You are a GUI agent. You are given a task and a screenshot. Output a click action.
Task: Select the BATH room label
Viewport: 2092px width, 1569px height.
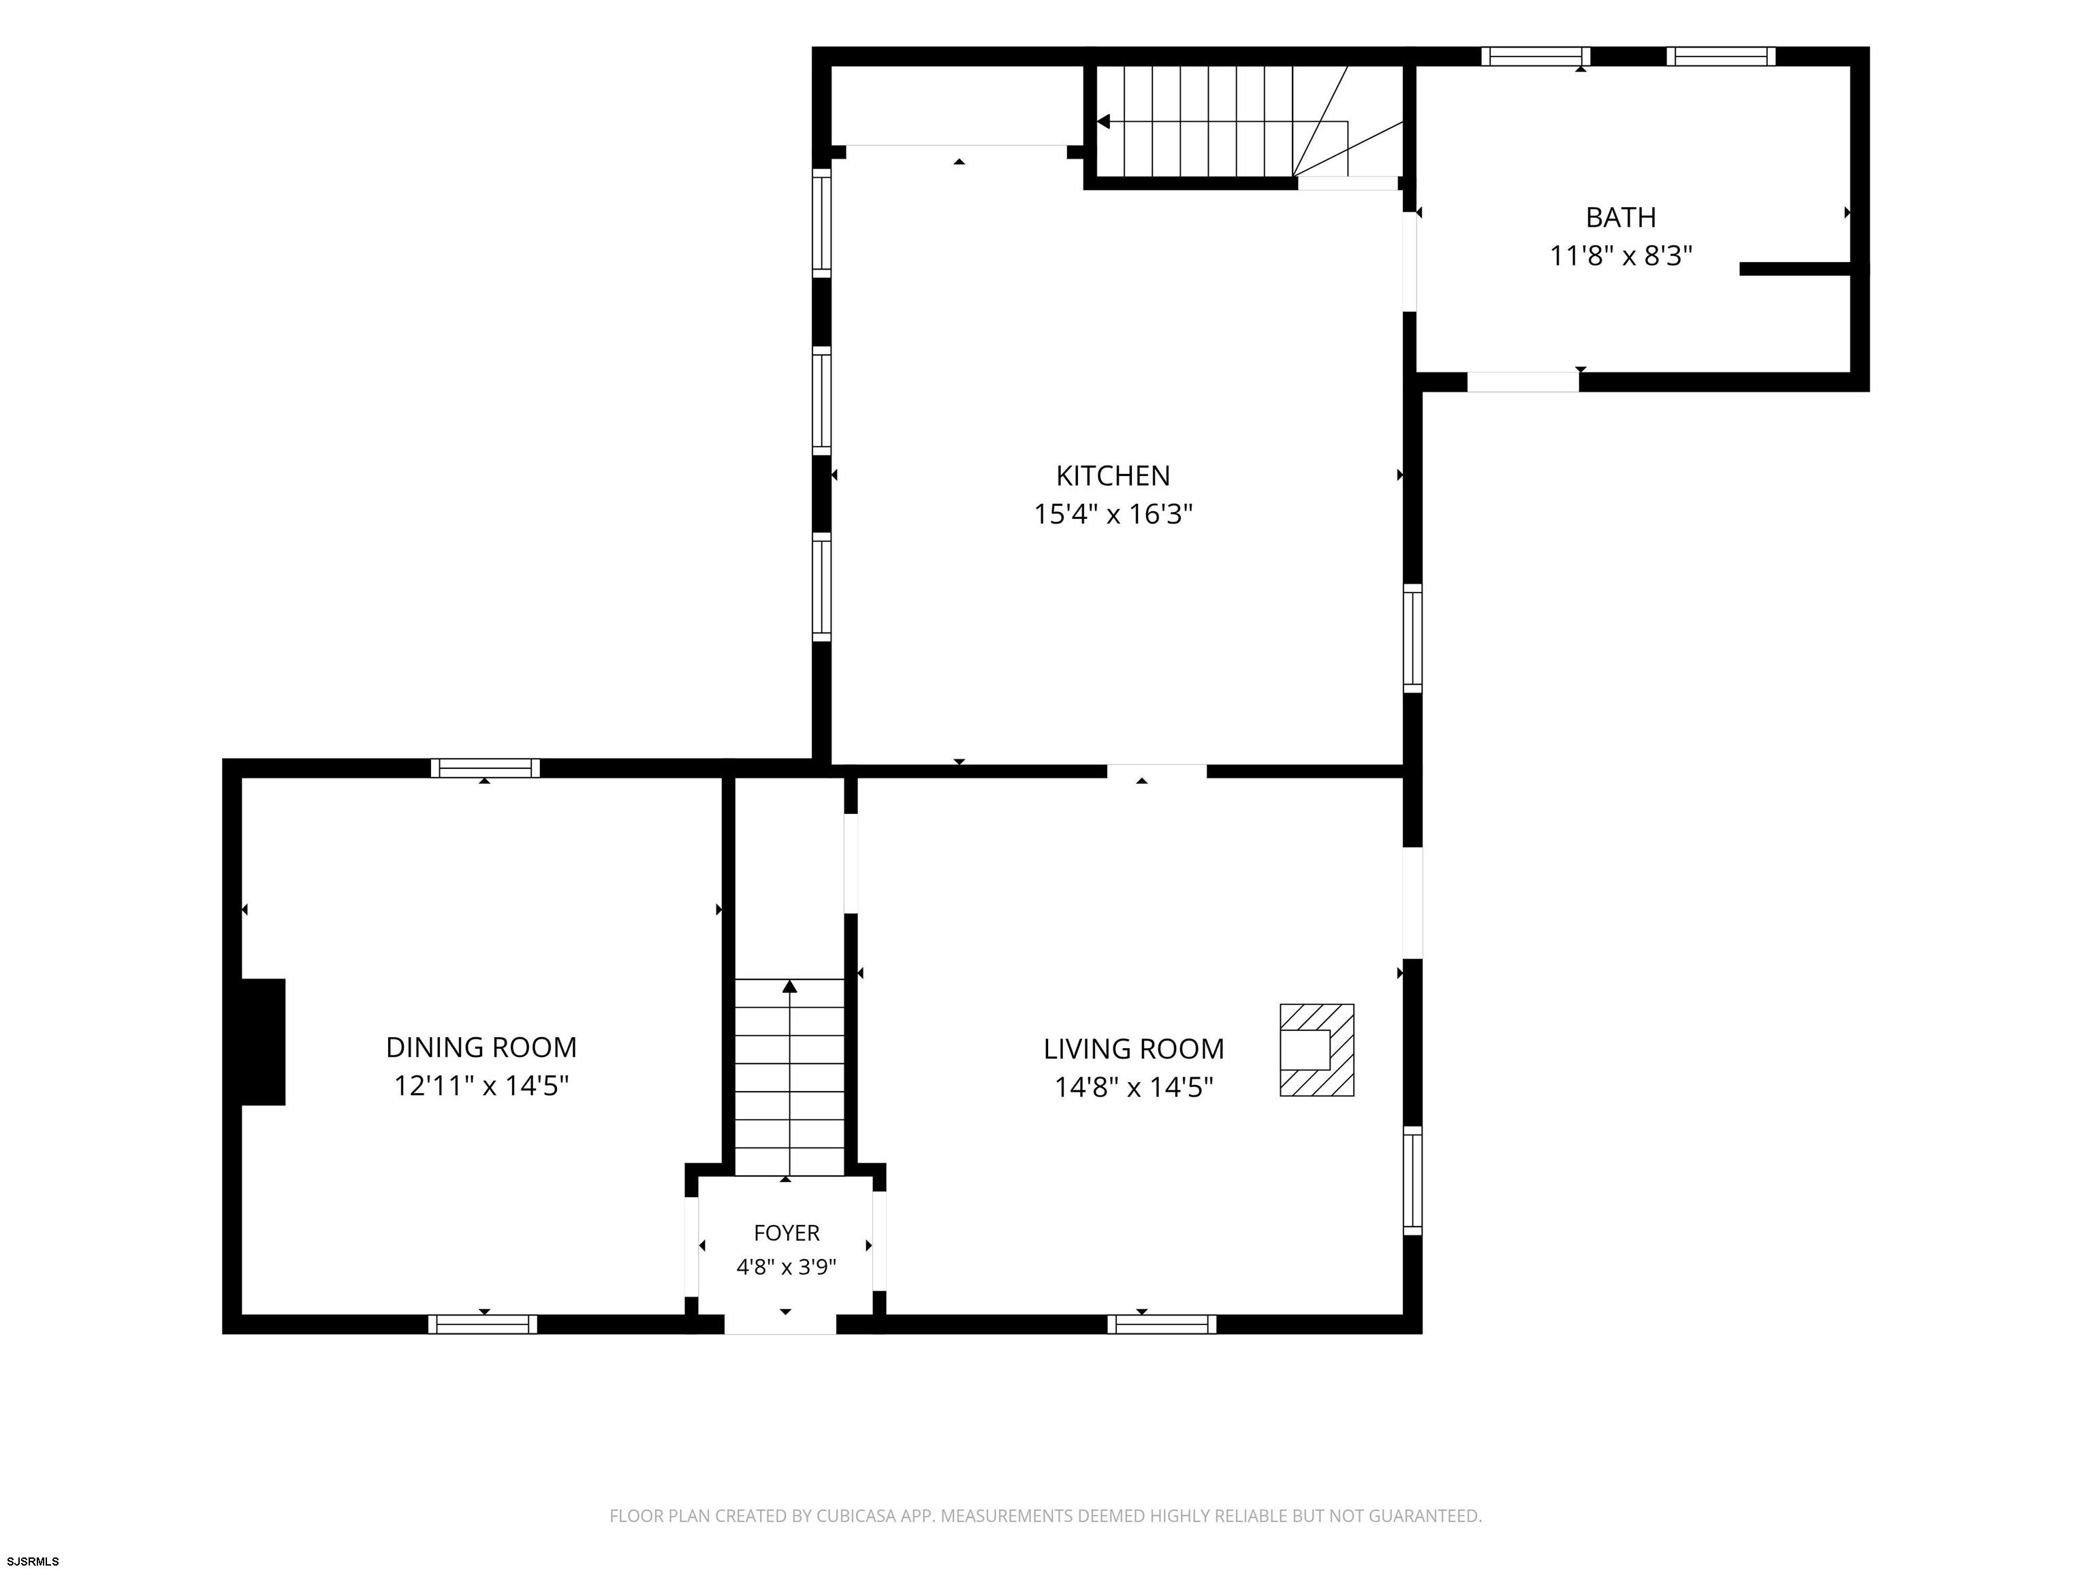(1620, 217)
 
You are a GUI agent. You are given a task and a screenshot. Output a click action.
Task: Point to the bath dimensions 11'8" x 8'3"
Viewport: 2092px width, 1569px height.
(1620, 256)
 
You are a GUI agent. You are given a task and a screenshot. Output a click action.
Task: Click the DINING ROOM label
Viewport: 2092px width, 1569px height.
(481, 1047)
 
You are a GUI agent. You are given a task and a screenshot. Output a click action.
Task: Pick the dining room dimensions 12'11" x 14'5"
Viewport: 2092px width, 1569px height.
(481, 1085)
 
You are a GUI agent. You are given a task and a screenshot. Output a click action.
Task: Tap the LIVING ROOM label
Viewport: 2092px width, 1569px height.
(1133, 1049)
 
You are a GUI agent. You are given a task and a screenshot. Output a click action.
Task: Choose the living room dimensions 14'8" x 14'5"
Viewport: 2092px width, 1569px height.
(1133, 1088)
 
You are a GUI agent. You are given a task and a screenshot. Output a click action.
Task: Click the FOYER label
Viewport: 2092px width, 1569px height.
(786, 1233)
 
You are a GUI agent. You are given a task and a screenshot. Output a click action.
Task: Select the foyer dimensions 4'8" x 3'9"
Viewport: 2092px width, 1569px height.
(786, 1267)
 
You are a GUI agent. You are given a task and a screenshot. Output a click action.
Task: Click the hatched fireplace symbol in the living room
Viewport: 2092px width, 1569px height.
(1316, 1050)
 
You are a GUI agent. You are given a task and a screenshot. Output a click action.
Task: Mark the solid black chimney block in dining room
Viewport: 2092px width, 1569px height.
(263, 1042)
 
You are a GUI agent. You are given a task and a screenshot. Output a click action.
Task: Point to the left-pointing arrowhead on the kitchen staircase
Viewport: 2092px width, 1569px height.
(1103, 122)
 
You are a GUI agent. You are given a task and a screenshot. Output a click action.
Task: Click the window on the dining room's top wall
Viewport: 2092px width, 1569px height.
(485, 768)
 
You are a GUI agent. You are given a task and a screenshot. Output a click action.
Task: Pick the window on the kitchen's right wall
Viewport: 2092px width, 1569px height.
(1412, 638)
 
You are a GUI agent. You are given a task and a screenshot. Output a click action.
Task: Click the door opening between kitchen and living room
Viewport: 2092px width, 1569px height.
(1156, 771)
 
